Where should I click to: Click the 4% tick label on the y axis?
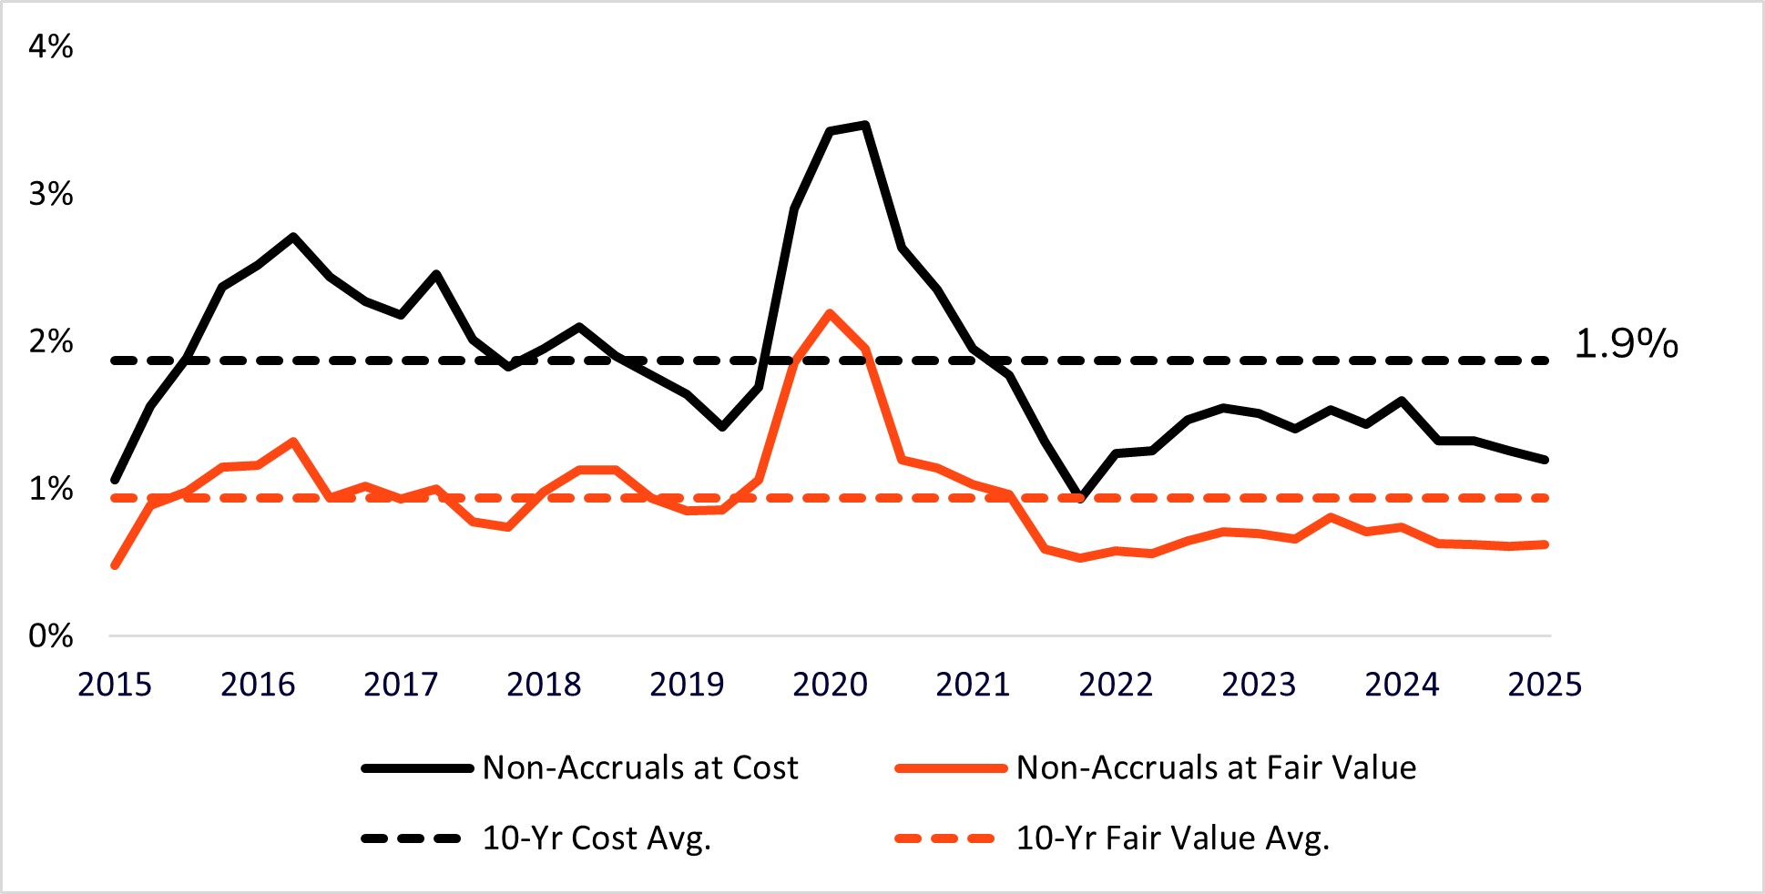50,46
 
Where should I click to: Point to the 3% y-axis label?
50,194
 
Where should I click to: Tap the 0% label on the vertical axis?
50,635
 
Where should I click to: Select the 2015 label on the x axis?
115,685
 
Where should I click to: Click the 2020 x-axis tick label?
830,685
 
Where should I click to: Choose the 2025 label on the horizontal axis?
1545,685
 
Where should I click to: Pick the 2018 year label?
544,685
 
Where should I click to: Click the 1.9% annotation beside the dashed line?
1626,344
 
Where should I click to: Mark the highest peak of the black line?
864,125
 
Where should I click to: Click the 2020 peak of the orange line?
829,313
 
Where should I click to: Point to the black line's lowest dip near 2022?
1080,497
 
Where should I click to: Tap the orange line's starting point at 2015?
115,566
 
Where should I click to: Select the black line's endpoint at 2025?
1546,460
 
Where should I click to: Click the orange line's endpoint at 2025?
1546,544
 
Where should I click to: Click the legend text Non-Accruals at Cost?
640,768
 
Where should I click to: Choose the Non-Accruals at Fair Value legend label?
1216,768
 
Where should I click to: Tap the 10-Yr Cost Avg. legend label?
597,838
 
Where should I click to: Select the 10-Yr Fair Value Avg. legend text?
1173,838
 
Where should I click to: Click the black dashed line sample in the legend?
412,838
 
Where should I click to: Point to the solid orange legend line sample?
950,768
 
